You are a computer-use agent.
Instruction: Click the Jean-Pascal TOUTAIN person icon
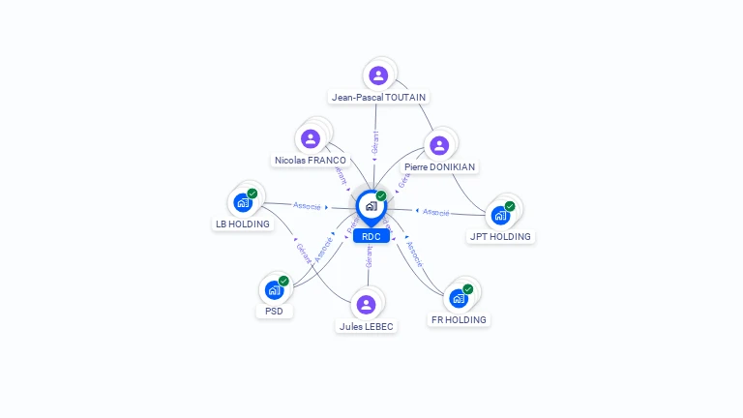[x=378, y=75]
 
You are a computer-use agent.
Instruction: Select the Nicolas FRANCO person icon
[x=311, y=138]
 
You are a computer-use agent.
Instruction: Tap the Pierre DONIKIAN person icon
[x=439, y=145]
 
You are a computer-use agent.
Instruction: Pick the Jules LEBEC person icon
[x=366, y=305]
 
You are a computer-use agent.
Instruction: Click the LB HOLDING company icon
[x=243, y=203]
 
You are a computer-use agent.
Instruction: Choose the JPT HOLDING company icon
[x=501, y=215]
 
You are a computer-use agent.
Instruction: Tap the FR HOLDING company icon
[x=460, y=297]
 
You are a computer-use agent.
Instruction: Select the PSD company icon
[x=275, y=289]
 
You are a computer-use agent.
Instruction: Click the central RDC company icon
[x=371, y=206]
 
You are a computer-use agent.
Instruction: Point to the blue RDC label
[x=371, y=236]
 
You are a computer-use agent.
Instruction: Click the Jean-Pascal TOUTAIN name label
[x=378, y=97]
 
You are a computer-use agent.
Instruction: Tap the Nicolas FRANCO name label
[x=311, y=160]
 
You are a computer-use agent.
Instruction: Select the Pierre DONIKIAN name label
[x=439, y=166]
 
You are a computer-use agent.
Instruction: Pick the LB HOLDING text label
[x=243, y=224]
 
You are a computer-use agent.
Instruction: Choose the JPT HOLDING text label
[x=501, y=236]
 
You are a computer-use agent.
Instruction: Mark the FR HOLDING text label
[x=459, y=319]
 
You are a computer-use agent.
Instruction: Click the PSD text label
[x=275, y=311]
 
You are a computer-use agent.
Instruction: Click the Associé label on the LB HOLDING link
[x=308, y=206]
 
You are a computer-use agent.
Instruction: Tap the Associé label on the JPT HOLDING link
[x=435, y=211]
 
